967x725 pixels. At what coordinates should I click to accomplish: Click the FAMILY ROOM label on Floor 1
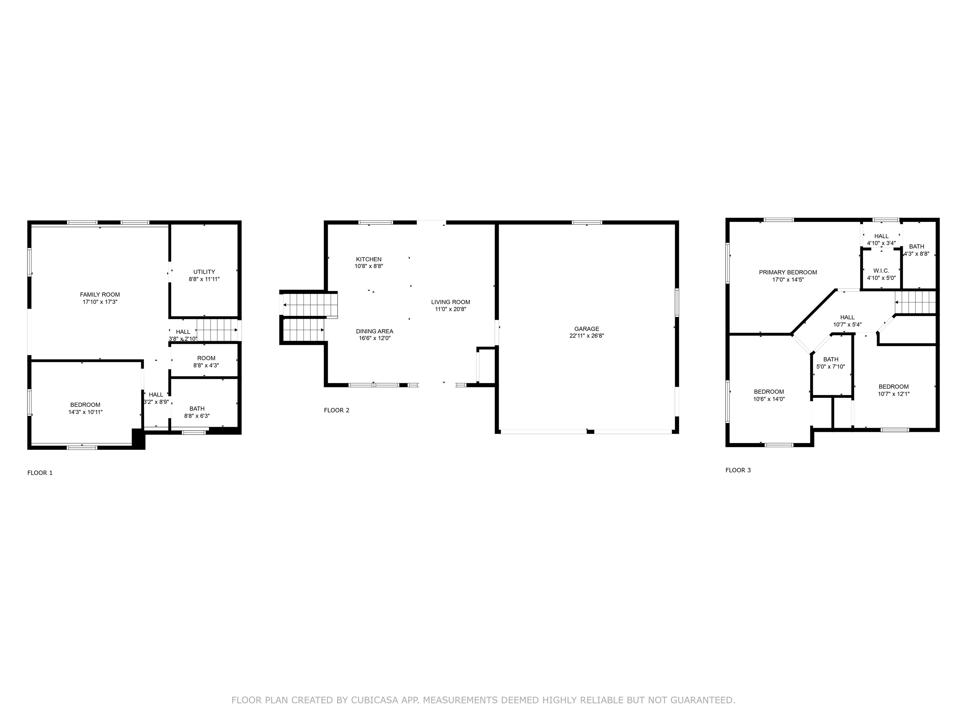(x=100, y=295)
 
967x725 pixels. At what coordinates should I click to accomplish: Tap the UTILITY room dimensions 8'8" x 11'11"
(x=204, y=279)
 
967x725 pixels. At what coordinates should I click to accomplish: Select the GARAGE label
(x=587, y=329)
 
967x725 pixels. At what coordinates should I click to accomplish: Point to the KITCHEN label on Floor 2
(x=369, y=259)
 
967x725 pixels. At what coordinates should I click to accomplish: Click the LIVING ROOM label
(x=450, y=302)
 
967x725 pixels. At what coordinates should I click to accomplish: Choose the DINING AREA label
(x=374, y=331)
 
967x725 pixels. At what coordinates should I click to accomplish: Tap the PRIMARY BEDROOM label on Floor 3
(x=788, y=272)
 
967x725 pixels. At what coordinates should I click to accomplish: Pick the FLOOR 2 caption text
(x=336, y=410)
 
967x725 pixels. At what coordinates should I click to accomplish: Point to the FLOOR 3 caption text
(x=738, y=470)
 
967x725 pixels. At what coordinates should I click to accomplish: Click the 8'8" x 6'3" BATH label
(x=197, y=409)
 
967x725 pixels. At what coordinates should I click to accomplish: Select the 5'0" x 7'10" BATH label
(x=831, y=359)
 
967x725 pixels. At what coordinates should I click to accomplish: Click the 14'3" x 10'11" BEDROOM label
(x=85, y=405)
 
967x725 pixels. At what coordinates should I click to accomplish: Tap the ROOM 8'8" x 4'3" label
(x=206, y=358)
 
